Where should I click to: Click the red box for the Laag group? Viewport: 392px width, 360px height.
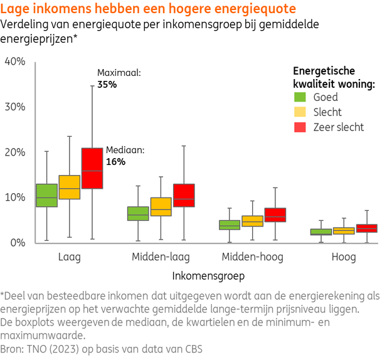92,168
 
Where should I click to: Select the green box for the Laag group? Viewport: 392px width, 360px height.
46,195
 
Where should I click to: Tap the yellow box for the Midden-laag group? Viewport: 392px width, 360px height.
161,206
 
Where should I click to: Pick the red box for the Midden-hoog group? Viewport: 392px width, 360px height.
275,214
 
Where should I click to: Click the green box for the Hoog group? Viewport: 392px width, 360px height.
321,231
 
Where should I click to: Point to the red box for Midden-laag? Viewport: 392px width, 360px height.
184,195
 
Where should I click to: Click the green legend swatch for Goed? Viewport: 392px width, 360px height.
300,97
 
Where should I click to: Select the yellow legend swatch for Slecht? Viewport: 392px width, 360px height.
300,112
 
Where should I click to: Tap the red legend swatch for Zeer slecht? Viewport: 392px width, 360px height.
300,127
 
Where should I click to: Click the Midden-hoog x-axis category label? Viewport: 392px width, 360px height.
252,257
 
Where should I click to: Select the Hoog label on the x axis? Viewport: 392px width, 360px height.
344,257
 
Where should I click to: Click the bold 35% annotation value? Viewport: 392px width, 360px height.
107,84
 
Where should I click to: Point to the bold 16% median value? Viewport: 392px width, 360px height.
115,162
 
